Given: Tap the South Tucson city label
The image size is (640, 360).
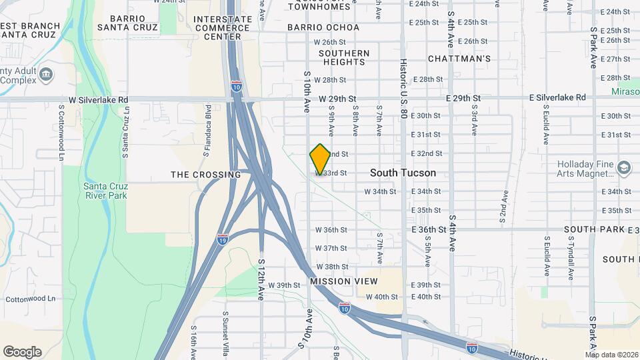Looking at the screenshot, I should point(403,173).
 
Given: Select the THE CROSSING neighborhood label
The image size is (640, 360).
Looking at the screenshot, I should point(206,175).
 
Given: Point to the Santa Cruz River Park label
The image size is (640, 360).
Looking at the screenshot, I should point(105,191).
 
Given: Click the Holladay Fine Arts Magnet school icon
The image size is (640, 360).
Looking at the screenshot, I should point(623,167).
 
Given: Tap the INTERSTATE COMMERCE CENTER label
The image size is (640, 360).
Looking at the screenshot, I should point(222,27).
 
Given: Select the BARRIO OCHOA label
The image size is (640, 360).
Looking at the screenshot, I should point(323,27).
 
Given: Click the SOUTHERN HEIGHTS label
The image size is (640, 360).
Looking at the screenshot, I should point(344,57).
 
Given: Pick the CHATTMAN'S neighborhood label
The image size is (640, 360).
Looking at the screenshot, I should point(459,59).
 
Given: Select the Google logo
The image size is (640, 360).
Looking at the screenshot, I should point(22,352).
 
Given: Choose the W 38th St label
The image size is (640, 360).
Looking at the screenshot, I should point(332,267).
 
